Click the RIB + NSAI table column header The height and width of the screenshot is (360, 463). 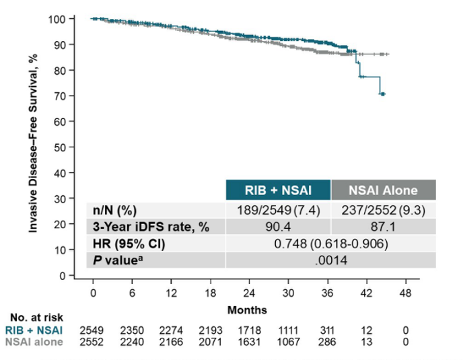278,190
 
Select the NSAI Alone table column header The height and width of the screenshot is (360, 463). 384,190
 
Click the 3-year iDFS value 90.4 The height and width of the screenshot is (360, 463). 278,227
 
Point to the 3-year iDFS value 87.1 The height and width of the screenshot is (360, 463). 384,227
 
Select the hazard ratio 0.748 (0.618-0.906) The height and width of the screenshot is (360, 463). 330,244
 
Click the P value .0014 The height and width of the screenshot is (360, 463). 330,260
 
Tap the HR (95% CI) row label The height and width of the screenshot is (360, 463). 129,244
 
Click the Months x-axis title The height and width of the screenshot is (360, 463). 247,310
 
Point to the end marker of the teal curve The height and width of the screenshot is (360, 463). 382,94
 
